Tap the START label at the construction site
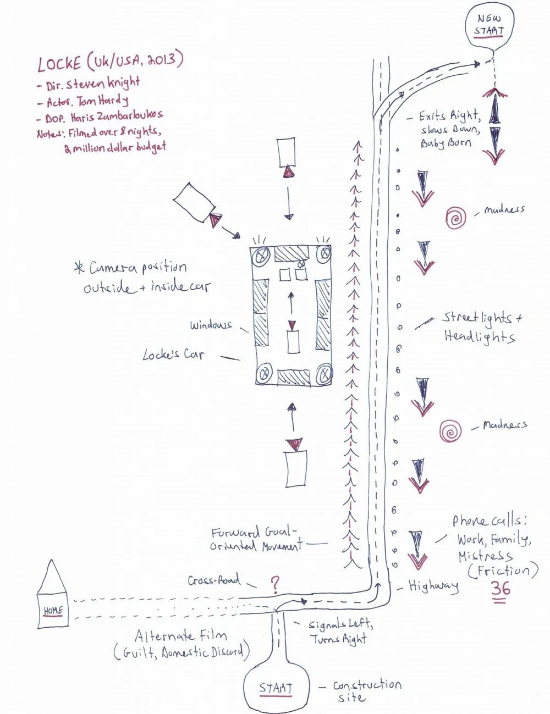[x=276, y=688]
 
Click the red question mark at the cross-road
[x=275, y=584]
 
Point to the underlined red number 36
[x=500, y=589]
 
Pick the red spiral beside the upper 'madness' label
[x=455, y=218]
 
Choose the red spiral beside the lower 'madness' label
[x=450, y=431]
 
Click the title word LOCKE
[x=59, y=64]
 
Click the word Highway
[x=433, y=586]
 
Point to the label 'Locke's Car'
[x=173, y=355]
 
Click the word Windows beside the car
[x=211, y=325]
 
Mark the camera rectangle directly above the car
[x=286, y=152]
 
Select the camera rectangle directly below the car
[x=296, y=469]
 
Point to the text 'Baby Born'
[x=446, y=143]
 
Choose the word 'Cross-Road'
[x=213, y=580]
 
